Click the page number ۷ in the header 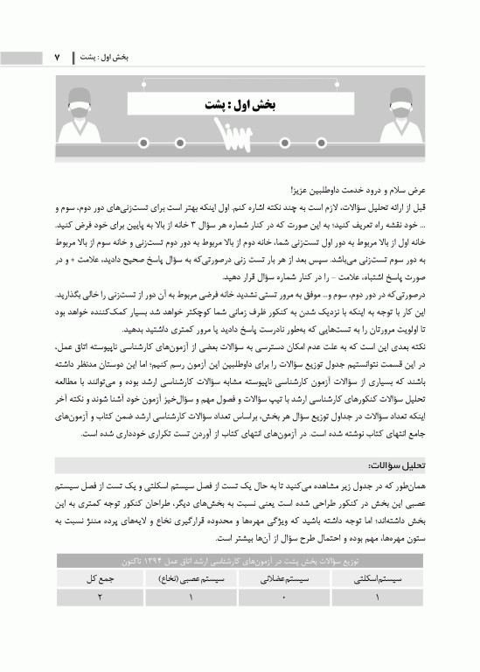[x=59, y=57]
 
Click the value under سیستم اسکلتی [x=377, y=597]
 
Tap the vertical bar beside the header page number [x=73, y=57]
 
